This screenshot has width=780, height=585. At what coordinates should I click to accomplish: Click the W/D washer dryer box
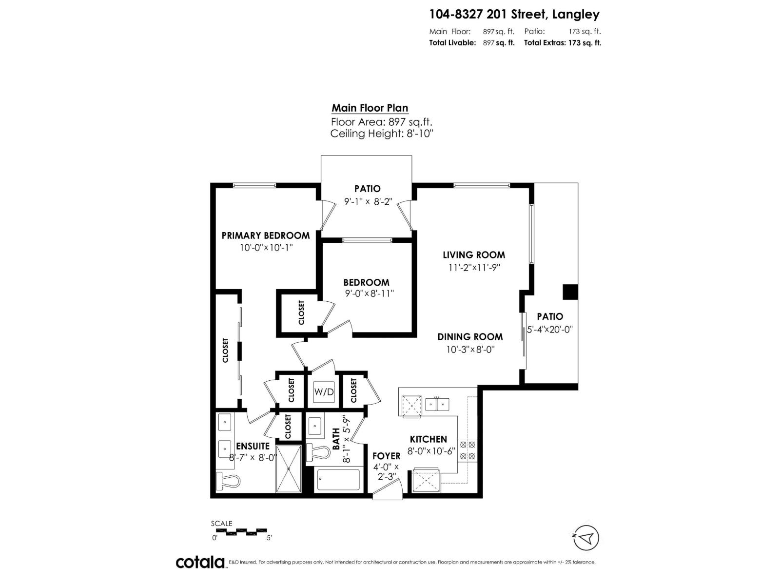tap(324, 391)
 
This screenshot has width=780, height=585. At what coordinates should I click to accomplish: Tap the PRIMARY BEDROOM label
tap(265, 235)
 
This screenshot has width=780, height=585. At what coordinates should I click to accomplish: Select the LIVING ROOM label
tap(474, 254)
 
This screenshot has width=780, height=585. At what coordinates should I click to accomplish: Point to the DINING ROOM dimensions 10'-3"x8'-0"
tap(470, 350)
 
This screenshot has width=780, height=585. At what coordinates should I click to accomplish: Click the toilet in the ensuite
tap(228, 481)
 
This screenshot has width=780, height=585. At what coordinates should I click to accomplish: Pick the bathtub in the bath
tap(338, 480)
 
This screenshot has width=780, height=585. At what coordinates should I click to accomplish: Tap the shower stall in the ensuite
tap(289, 468)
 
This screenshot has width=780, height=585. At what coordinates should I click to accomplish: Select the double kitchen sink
tap(437, 404)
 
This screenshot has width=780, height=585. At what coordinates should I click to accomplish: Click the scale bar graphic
tap(241, 530)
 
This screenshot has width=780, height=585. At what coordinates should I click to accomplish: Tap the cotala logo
tap(200, 562)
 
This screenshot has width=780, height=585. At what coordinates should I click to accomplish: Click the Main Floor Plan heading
tap(370, 108)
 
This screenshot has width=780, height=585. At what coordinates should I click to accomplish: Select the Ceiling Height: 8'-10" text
tap(382, 134)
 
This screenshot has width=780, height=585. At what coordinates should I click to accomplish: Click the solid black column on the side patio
tap(570, 292)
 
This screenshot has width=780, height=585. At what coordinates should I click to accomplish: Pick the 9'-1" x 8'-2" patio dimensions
tap(368, 201)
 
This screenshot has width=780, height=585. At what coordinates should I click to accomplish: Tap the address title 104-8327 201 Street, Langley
tap(514, 15)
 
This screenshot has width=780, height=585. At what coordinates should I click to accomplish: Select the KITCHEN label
tap(428, 439)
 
